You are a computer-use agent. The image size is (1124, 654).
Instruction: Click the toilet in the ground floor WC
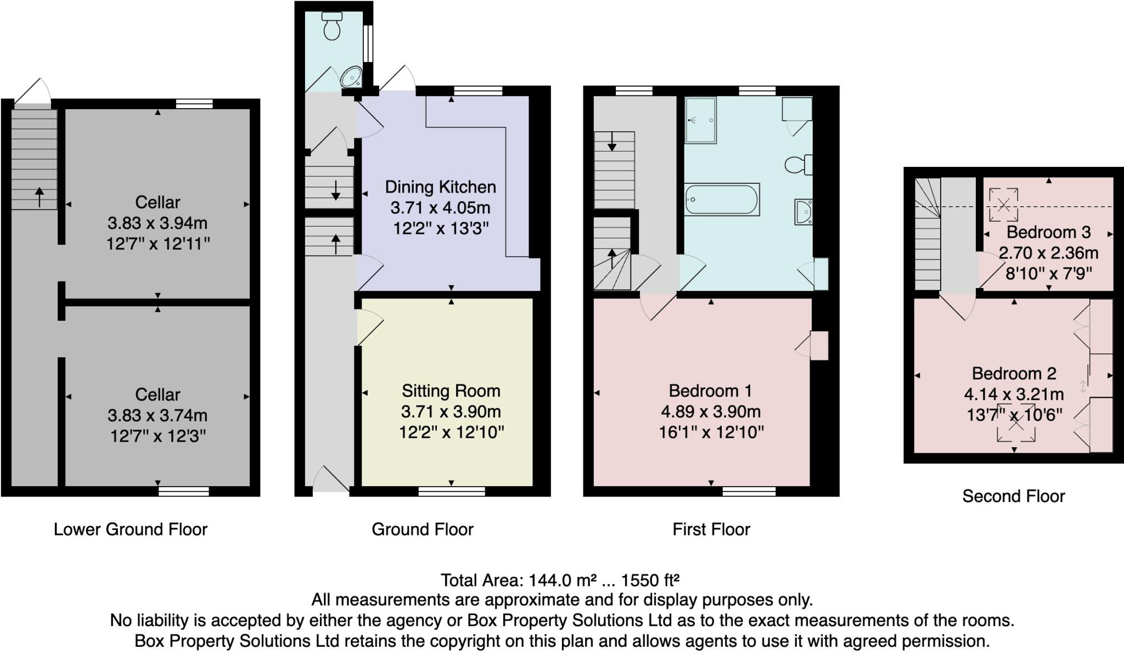332,26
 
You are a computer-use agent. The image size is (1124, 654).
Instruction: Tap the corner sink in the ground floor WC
351,78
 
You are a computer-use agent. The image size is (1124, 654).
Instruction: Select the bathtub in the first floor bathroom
722,199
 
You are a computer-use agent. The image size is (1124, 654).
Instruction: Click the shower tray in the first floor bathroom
700,120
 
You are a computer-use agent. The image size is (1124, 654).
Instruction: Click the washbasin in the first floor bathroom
803,212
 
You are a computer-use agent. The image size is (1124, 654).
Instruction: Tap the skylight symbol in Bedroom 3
1003,205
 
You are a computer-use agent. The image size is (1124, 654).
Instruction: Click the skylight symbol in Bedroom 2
1016,422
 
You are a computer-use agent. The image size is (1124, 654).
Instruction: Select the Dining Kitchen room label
440,187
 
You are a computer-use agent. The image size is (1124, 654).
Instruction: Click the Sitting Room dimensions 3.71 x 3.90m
451,411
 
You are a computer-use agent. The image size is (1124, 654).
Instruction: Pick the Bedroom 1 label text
710,391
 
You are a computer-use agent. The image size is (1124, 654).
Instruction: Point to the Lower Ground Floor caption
131,529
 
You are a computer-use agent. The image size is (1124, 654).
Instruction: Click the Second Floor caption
1013,496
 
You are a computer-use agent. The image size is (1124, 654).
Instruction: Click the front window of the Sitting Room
451,491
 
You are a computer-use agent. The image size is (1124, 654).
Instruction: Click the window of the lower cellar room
183,491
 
